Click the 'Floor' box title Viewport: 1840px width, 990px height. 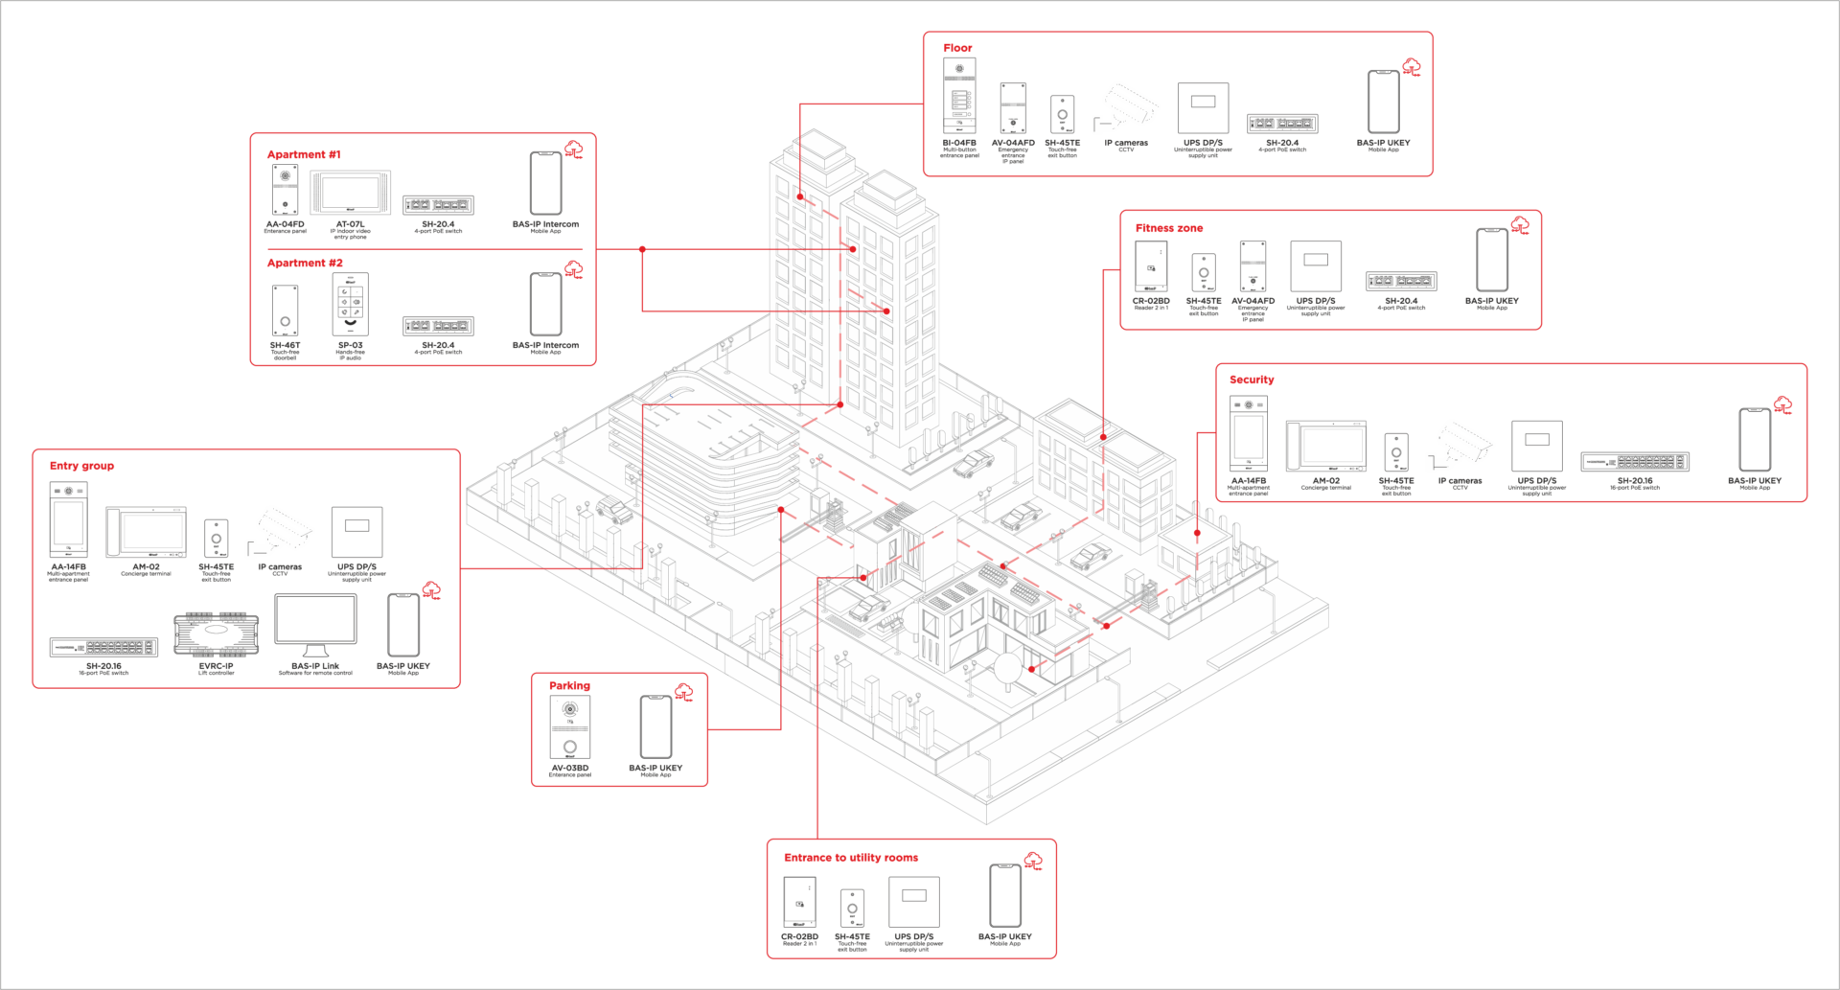click(x=956, y=48)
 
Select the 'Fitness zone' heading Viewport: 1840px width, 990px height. click(x=1169, y=228)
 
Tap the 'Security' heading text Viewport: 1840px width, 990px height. click(x=1252, y=380)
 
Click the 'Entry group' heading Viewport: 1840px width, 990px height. click(x=81, y=467)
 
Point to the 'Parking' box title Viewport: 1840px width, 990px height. click(x=569, y=685)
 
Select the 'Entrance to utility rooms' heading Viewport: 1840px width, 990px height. click(x=851, y=858)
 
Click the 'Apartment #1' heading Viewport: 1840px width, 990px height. click(x=303, y=154)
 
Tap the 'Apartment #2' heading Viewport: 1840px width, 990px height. click(x=304, y=263)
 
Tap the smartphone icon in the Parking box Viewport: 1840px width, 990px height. click(x=655, y=727)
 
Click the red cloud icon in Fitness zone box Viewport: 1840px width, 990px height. click(x=1520, y=226)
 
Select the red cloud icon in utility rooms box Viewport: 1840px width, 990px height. click(x=1033, y=861)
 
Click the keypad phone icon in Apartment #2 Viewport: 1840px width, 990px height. click(x=350, y=305)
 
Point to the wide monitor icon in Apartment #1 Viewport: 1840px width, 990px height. click(x=351, y=194)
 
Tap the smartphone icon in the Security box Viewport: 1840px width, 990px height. click(x=1755, y=440)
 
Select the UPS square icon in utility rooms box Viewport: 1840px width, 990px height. click(x=913, y=901)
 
